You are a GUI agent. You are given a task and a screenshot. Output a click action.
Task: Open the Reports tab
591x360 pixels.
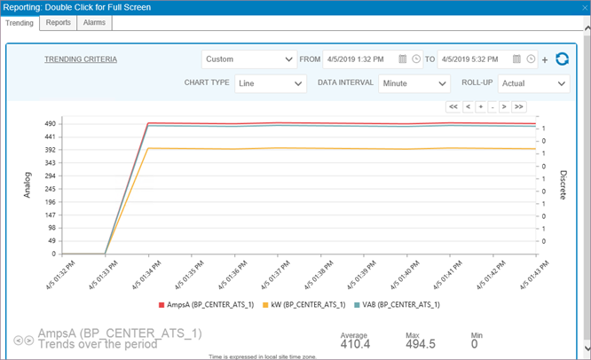(59, 22)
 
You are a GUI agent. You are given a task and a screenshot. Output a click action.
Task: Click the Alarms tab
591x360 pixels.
(95, 22)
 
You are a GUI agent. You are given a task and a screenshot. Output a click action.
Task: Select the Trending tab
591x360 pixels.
(20, 22)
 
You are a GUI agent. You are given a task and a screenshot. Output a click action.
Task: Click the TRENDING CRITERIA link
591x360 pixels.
(81, 59)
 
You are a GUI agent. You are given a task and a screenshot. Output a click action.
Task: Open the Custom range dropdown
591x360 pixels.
(248, 59)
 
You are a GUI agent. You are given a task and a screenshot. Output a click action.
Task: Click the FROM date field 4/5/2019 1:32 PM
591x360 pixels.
(360, 59)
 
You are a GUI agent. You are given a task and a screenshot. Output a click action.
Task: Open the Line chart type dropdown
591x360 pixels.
(271, 83)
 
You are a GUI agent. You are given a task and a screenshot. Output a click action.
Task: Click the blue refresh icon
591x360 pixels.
(562, 59)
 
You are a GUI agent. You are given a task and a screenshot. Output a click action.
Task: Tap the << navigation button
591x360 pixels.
(453, 106)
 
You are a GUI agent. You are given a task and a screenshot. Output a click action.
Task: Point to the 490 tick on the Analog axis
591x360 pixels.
(51, 123)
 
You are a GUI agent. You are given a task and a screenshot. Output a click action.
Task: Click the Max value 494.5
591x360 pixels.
(420, 344)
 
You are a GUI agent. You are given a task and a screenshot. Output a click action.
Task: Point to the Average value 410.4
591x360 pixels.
(356, 344)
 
